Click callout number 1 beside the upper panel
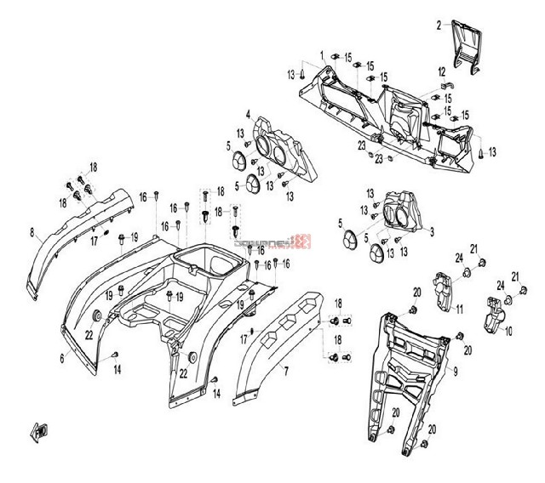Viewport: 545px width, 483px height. coord(321,54)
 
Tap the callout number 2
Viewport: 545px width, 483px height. coord(439,25)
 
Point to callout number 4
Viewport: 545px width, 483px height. coord(248,115)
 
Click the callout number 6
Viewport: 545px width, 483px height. coord(61,360)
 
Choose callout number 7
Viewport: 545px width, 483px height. coord(285,371)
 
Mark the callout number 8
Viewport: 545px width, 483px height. coord(32,230)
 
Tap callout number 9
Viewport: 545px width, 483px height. coord(455,371)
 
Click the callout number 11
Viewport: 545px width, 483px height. coord(459,308)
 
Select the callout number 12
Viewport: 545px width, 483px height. coord(441,71)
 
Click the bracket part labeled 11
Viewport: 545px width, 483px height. coord(444,289)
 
